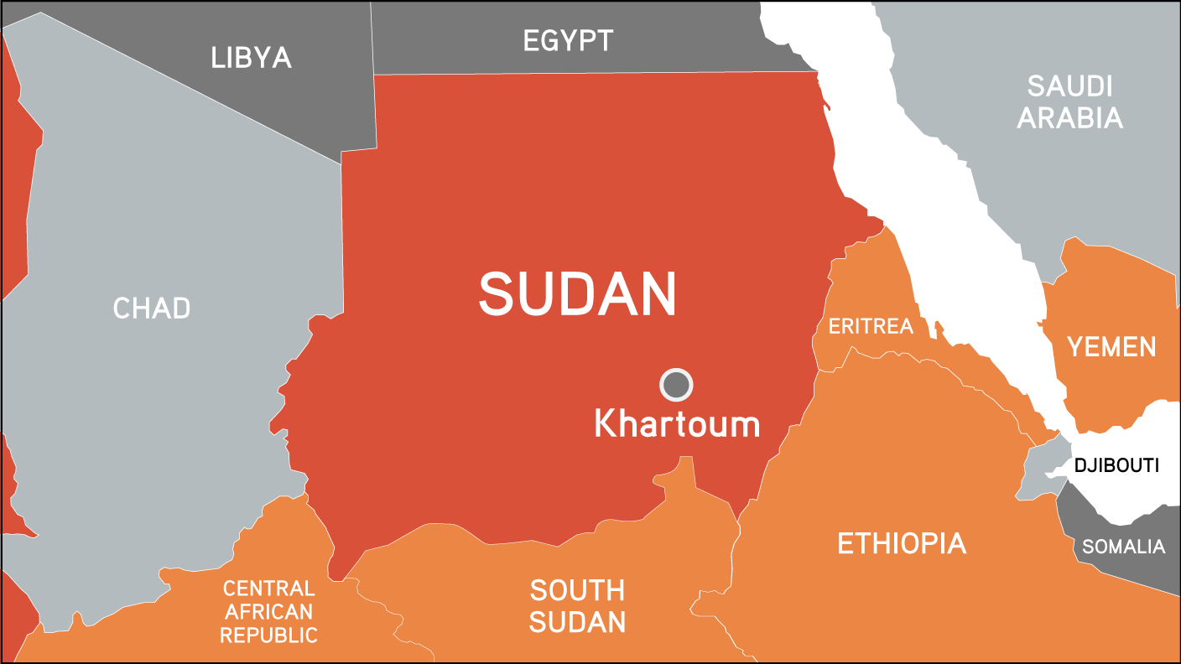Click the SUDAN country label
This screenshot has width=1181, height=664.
point(577,293)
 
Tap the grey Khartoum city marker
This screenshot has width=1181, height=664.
point(676,385)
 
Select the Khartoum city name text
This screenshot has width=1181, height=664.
point(676,423)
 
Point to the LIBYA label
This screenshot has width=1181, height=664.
point(251,58)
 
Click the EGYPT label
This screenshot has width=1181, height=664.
point(568,40)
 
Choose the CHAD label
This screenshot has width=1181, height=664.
point(152,309)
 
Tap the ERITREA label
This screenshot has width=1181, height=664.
point(870,326)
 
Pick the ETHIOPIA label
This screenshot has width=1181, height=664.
point(902,544)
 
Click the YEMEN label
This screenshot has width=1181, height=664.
point(1111,346)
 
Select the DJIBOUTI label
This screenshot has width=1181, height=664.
point(1116,465)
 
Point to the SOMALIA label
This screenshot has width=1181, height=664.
point(1123,547)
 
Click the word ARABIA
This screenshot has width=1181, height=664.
point(1069,118)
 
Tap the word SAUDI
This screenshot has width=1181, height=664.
point(1069,86)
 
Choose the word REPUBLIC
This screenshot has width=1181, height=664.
point(268,635)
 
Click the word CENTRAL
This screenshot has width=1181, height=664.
point(268,589)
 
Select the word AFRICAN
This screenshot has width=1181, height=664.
point(268,612)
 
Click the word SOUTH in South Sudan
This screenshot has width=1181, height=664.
point(577,591)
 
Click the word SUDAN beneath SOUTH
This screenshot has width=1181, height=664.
point(577,622)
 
